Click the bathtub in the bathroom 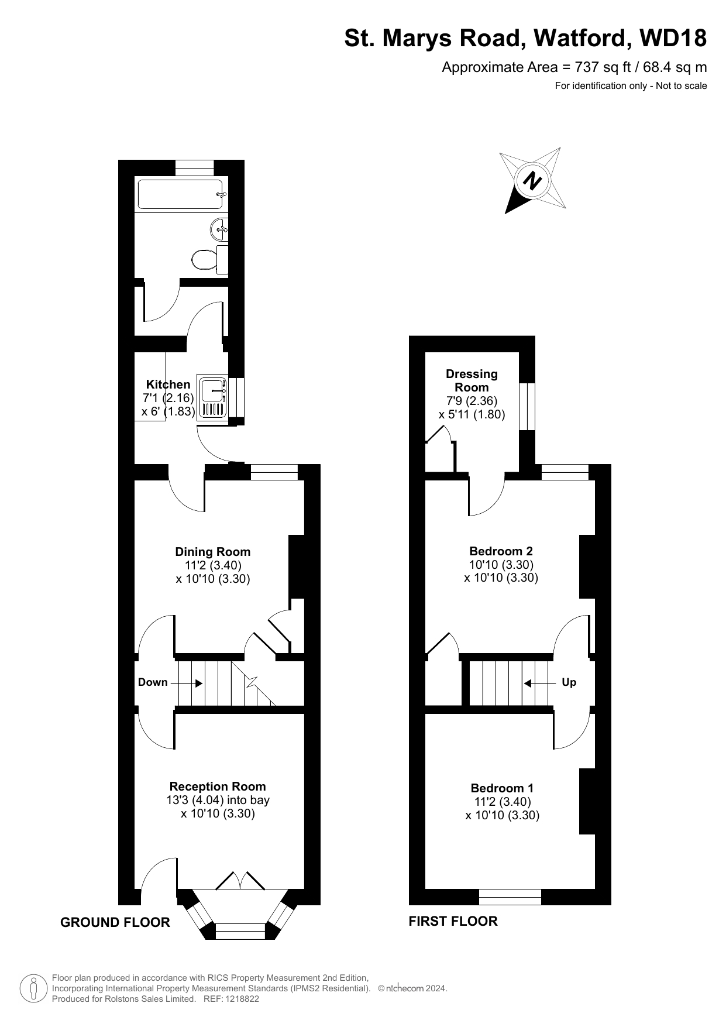pyautogui.click(x=182, y=194)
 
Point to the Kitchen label pyautogui.click(x=168, y=384)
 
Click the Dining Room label pyautogui.click(x=213, y=552)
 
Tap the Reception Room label pyautogui.click(x=218, y=786)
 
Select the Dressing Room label pyautogui.click(x=472, y=380)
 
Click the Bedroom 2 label pyautogui.click(x=501, y=551)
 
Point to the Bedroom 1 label pyautogui.click(x=502, y=788)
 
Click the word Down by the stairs pyautogui.click(x=153, y=682)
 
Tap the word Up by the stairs pyautogui.click(x=569, y=682)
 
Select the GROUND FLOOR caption pyautogui.click(x=115, y=922)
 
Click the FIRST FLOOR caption pyautogui.click(x=453, y=921)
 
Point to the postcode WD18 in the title pyautogui.click(x=673, y=39)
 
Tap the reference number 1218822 pyautogui.click(x=239, y=999)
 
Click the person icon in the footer pyautogui.click(x=33, y=988)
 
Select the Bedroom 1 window pyautogui.click(x=510, y=897)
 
